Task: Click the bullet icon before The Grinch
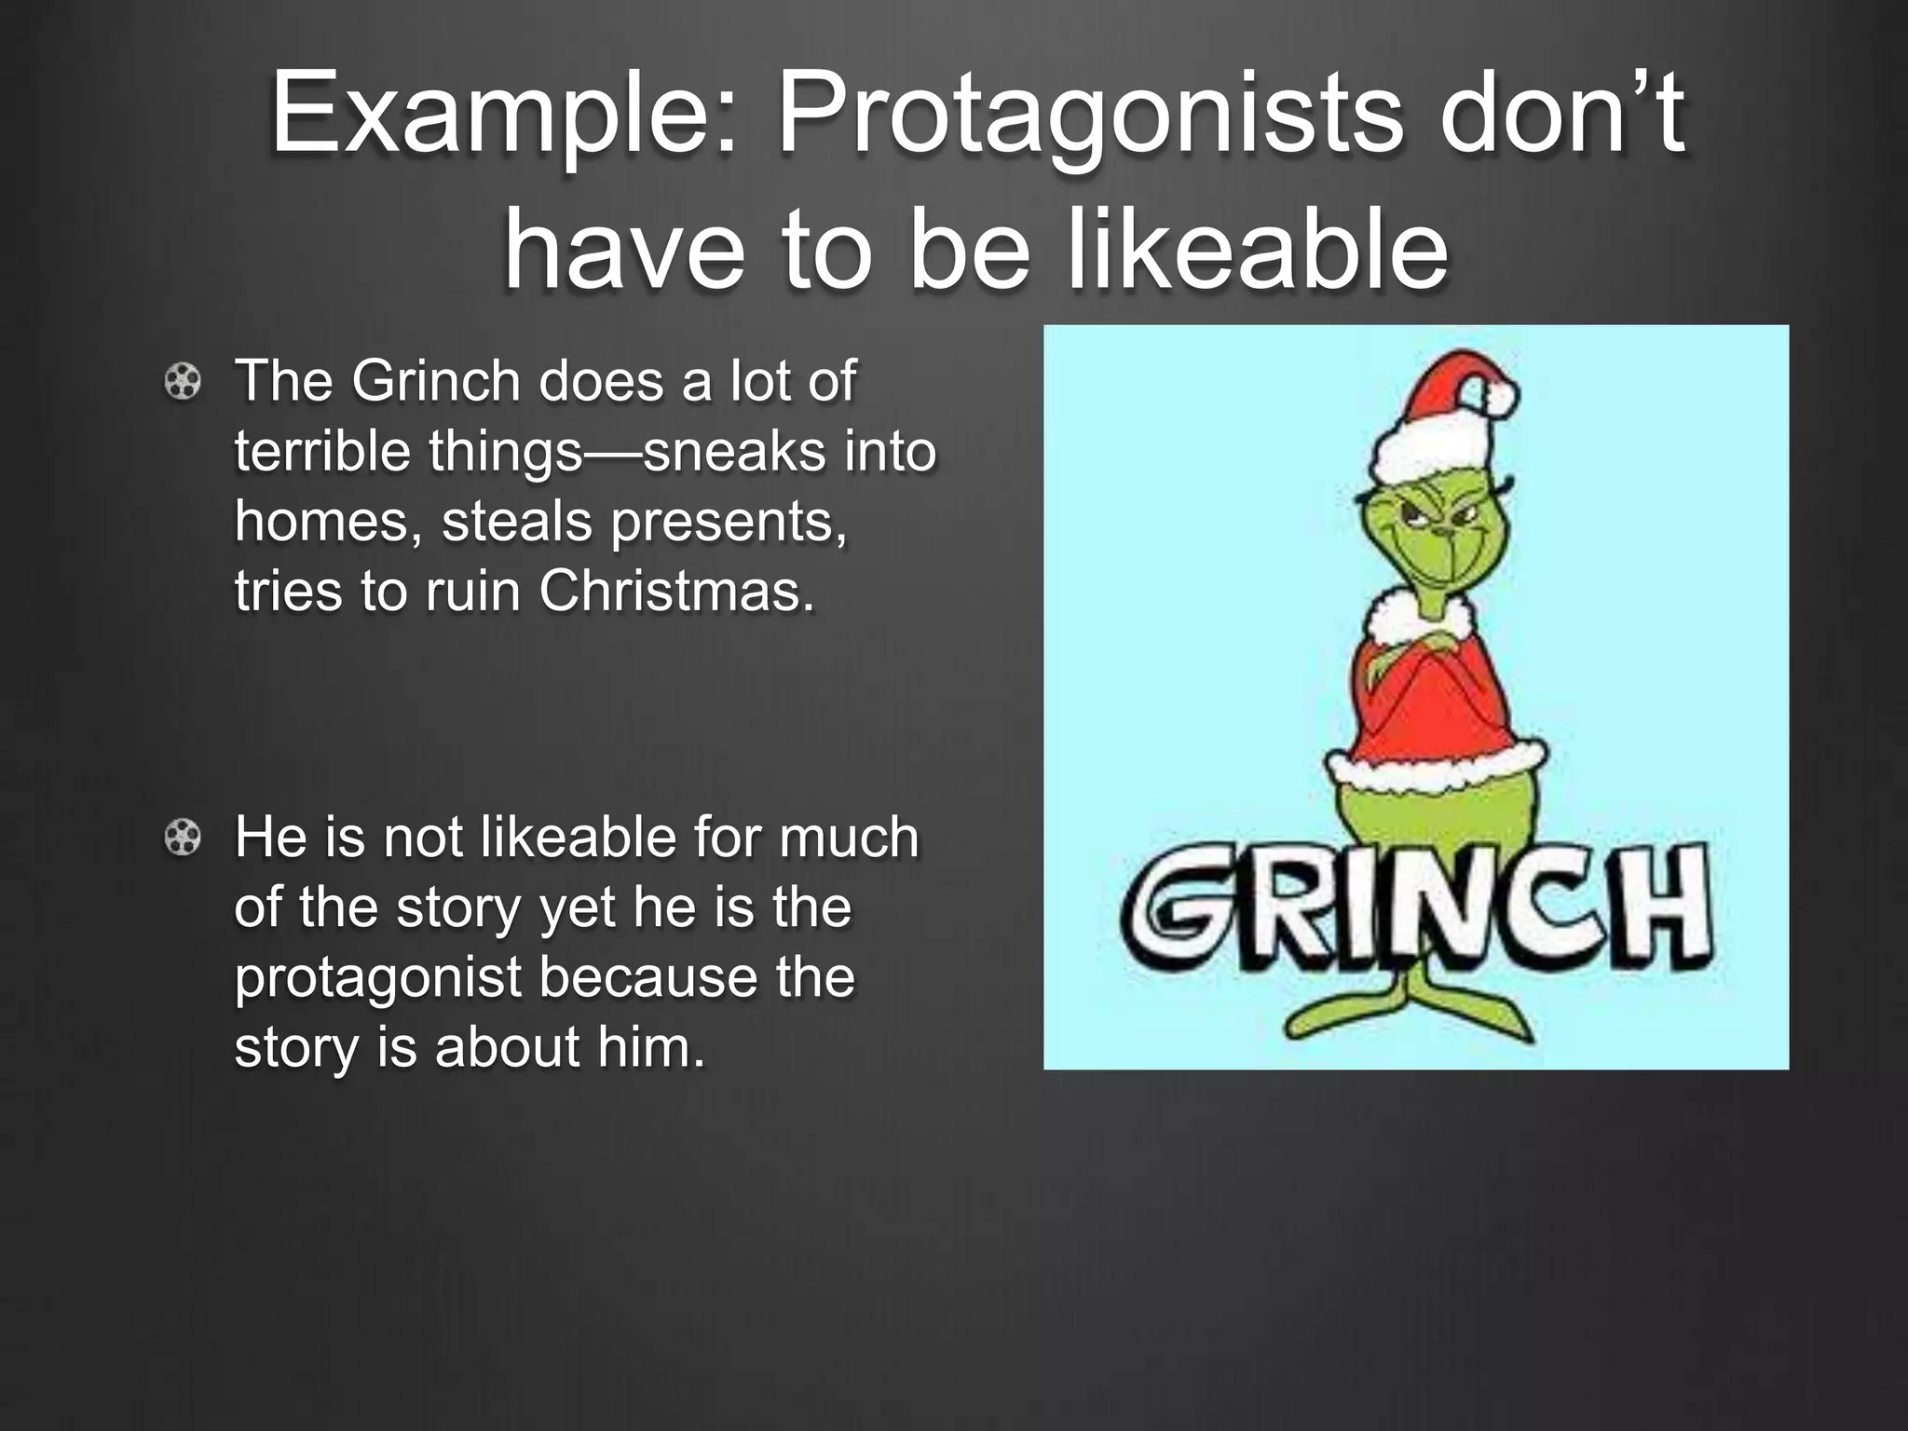click(x=183, y=383)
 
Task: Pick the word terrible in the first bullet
click(x=322, y=451)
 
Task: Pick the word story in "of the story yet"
click(x=457, y=908)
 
